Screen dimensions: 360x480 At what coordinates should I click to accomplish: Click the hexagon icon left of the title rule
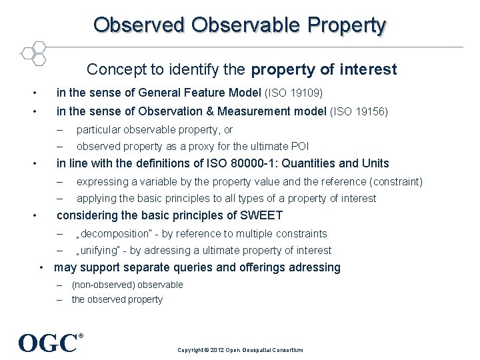point(33,53)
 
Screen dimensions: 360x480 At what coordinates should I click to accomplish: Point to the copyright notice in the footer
point(240,349)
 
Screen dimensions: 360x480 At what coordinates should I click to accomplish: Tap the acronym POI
point(299,147)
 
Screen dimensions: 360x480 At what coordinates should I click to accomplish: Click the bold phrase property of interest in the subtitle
point(324,69)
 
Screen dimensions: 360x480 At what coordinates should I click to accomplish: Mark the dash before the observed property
point(59,300)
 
